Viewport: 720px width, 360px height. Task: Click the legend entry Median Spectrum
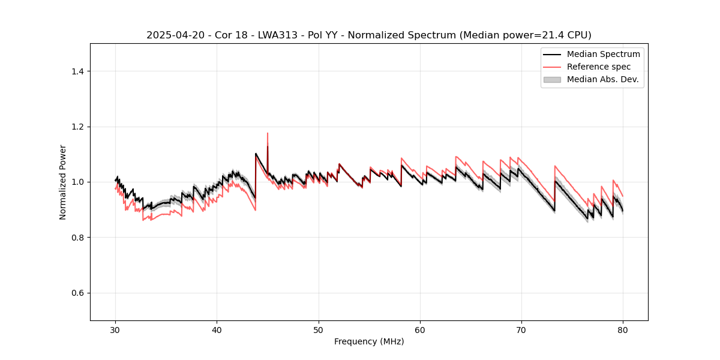coord(603,54)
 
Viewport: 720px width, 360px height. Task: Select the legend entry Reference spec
coord(599,67)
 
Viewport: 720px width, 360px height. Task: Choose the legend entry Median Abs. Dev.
coord(602,79)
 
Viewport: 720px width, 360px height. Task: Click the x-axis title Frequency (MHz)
coord(369,341)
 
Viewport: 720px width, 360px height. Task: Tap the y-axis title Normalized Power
coord(63,182)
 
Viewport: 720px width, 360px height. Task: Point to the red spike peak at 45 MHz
coord(268,133)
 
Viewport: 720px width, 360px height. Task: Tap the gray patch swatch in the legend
coord(552,79)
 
